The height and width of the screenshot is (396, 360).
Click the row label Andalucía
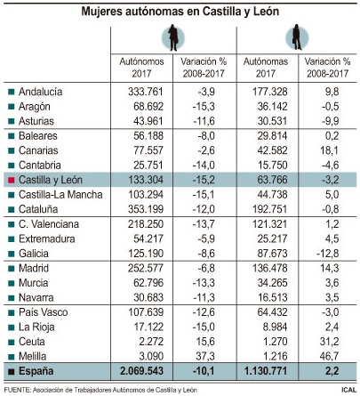click(40, 92)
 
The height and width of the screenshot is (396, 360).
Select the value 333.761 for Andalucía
click(146, 92)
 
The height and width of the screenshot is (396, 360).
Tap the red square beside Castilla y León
click(12, 180)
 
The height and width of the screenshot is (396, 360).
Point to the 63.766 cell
click(272, 180)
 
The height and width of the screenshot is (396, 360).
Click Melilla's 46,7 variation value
click(329, 356)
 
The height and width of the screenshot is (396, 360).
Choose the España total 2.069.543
click(141, 371)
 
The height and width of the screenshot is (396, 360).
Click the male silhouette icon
click(173, 37)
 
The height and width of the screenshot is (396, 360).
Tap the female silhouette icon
click(297, 37)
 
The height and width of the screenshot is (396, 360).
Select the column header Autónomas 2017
click(266, 68)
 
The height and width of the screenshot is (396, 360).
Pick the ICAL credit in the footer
click(348, 390)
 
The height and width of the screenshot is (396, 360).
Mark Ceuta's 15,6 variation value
click(205, 342)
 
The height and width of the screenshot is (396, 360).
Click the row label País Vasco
click(44, 312)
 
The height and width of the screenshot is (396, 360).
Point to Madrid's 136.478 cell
click(270, 268)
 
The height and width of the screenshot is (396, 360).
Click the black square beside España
click(12, 371)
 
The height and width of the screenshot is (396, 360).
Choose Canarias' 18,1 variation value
click(329, 150)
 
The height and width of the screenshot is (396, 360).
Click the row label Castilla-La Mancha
click(60, 195)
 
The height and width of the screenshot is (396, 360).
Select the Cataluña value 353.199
click(146, 209)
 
